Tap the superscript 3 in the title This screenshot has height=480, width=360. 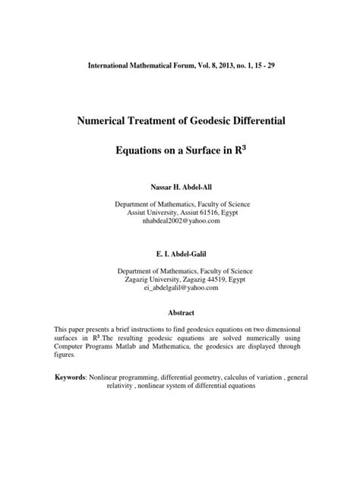[245, 147]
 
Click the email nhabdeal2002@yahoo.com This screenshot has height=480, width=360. [180, 221]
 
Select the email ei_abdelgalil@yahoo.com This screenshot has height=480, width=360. [180, 288]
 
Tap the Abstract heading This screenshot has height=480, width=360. [180, 313]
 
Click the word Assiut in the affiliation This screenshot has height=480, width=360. [140, 212]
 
